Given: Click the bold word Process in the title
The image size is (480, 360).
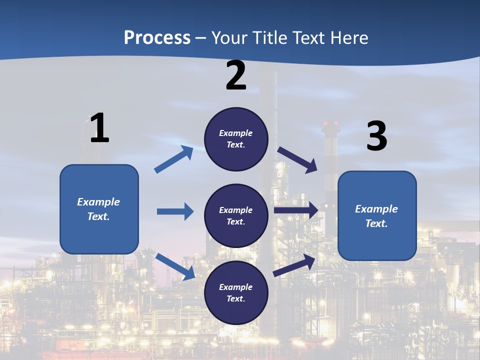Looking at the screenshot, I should [157, 37].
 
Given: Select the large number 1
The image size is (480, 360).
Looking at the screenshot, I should [99, 128].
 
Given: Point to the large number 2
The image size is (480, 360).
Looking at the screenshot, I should [236, 75].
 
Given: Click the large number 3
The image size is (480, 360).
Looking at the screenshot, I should [376, 136].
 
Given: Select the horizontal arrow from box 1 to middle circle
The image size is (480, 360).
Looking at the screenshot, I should [175, 211].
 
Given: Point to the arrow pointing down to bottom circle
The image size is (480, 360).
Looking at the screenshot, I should [175, 266].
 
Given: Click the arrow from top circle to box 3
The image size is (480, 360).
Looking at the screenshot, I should [298, 160].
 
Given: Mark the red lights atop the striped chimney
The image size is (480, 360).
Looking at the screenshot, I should [330, 123].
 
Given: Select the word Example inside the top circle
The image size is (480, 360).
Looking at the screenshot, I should [236, 133].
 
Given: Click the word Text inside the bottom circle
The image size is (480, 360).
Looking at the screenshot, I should [236, 298].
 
